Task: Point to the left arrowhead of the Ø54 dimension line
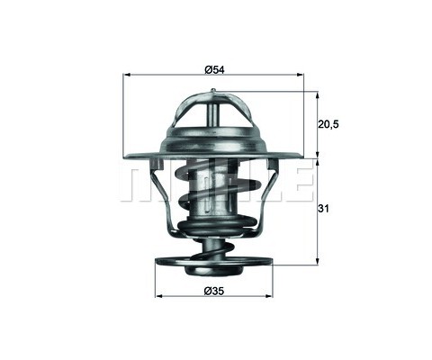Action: coord(125,76)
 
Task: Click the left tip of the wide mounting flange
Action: coord(121,160)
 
